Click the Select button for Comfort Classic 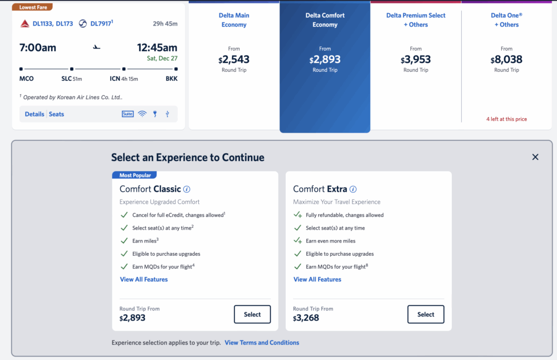[x=252, y=314]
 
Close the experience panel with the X [x=535, y=157]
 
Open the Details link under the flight [x=35, y=114]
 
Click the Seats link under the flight [x=56, y=114]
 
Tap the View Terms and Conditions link [x=262, y=343]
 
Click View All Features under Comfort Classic [x=144, y=279]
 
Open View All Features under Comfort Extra [x=317, y=279]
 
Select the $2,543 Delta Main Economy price [x=234, y=60]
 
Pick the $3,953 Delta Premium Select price [x=416, y=60]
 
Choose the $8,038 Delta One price [x=506, y=60]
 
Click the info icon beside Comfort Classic [x=187, y=189]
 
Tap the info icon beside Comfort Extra [x=353, y=189]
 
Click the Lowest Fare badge [x=33, y=7]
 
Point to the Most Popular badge [x=135, y=175]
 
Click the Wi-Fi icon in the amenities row [x=142, y=114]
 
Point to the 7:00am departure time [x=38, y=48]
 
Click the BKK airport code [x=172, y=79]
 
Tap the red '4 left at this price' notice [x=506, y=119]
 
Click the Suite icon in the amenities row [x=128, y=114]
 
